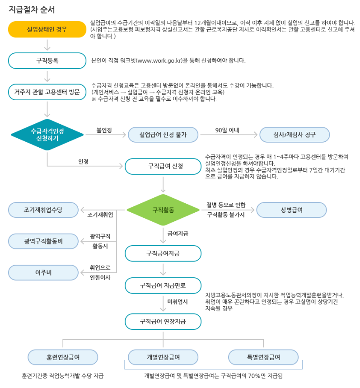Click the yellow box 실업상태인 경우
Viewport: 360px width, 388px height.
(47, 29)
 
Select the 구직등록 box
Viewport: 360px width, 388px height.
(47, 61)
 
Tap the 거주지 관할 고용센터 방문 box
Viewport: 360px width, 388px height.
(47, 92)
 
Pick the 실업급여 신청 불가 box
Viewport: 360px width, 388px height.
(163, 135)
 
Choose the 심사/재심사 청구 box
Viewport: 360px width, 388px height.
(295, 135)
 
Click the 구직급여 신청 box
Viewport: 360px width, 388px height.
(163, 166)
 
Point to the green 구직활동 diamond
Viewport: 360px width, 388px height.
(163, 210)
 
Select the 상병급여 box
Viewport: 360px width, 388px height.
(291, 210)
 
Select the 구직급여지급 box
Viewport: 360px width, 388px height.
(163, 253)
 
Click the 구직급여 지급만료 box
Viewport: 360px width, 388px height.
(163, 285)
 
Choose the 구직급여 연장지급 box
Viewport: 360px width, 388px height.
(163, 322)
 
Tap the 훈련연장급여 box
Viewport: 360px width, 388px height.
(63, 357)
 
